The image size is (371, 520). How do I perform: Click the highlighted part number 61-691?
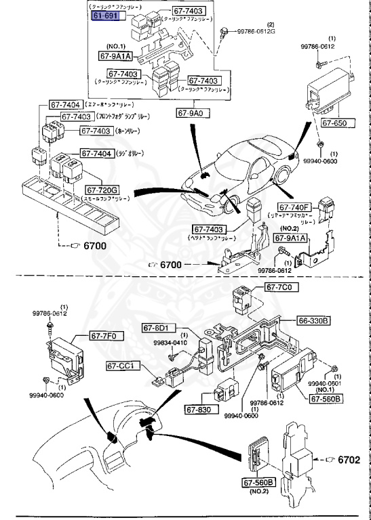[x=105, y=16]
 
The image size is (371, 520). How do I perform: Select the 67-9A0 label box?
[x=194, y=112]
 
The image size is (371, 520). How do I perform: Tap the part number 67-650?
[x=334, y=123]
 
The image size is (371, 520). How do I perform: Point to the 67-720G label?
[x=102, y=190]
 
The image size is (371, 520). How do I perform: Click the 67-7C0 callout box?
[x=279, y=287]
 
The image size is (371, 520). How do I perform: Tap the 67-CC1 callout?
[x=123, y=366]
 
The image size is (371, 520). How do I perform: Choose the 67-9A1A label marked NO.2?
[x=291, y=238]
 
